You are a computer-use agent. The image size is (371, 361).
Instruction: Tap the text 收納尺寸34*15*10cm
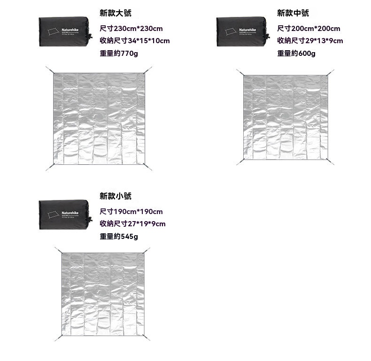coord(135,41)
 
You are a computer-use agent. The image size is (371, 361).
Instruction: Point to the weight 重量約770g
coord(119,54)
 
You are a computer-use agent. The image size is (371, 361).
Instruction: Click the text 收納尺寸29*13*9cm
coord(310,41)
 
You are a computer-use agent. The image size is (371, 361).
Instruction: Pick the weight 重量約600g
coord(296,54)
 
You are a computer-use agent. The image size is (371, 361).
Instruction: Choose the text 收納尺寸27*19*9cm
coord(132,224)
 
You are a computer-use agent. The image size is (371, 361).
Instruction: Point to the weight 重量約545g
coord(119,236)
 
